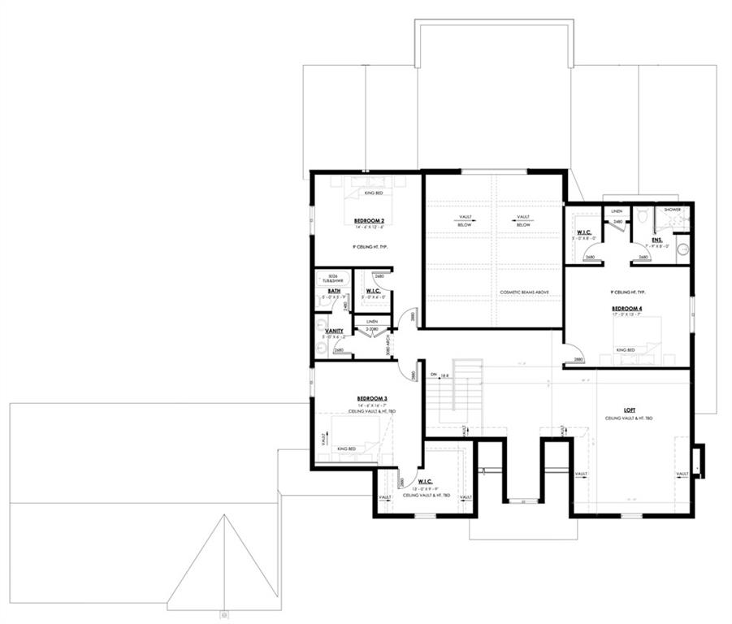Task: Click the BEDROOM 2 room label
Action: coord(369,221)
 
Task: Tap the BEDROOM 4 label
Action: coord(627,309)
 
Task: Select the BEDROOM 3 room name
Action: coord(371,398)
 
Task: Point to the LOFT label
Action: coord(629,410)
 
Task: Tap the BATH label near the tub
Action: coord(334,290)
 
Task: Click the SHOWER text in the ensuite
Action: coord(674,209)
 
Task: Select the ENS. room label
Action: coord(656,240)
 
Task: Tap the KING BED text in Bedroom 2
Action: coord(370,193)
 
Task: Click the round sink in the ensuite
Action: coord(683,249)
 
